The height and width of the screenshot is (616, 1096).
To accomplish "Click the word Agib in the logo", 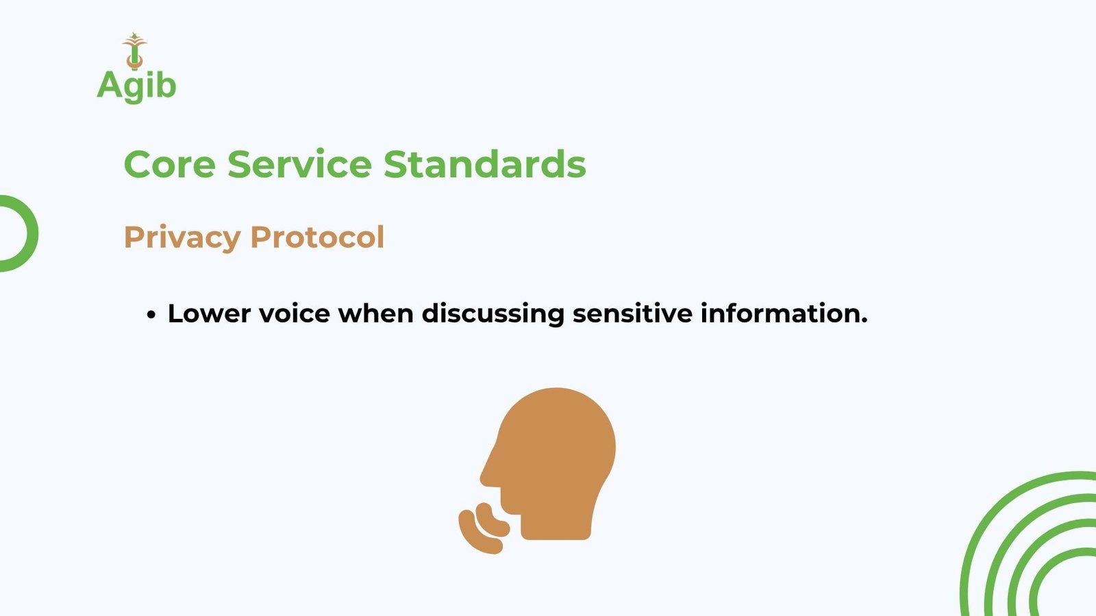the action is pos(136,86).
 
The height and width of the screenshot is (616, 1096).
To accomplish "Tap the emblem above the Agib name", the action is pos(134,51).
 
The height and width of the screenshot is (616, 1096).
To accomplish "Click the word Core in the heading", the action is pos(170,164).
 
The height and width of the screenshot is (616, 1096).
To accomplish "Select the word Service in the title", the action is pos(299,164).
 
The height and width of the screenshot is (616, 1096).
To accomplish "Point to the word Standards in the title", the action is pos(484,164).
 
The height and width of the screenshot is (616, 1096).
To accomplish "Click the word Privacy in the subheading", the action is pos(182,238).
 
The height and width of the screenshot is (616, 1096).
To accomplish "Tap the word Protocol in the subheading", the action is pos(317,237).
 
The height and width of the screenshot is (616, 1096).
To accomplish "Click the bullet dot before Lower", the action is pos(151,315).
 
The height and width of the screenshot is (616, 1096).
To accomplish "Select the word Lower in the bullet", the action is pos(210,313).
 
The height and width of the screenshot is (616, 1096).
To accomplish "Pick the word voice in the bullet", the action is pos(295,313).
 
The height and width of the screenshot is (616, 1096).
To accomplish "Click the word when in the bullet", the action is pos(376,313).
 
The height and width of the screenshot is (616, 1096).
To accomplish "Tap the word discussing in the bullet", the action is pos(493,314).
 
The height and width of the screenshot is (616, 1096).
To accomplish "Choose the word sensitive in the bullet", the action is pos(633,313).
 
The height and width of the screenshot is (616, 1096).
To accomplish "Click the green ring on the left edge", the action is pos(32,233).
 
